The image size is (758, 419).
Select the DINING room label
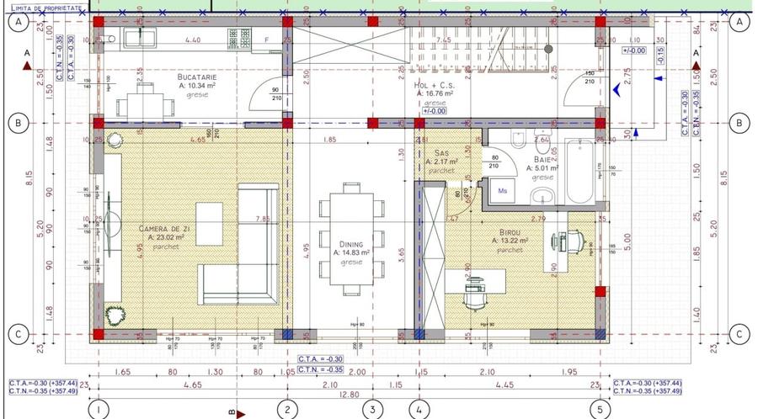pyautogui.click(x=345, y=244)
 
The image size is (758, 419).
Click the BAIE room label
pyautogui.click(x=542, y=159)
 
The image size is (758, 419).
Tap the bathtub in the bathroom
pyautogui.click(x=580, y=172)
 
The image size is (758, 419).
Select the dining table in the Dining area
pyautogui.click(x=345, y=240)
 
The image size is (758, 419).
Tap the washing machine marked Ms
pyautogui.click(x=504, y=191)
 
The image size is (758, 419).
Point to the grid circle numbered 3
pyautogui.click(x=372, y=410)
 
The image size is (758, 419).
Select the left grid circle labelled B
pyautogui.click(x=16, y=123)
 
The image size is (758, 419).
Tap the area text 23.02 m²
pyautogui.click(x=171, y=237)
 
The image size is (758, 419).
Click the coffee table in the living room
pyautogui.click(x=210, y=219)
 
